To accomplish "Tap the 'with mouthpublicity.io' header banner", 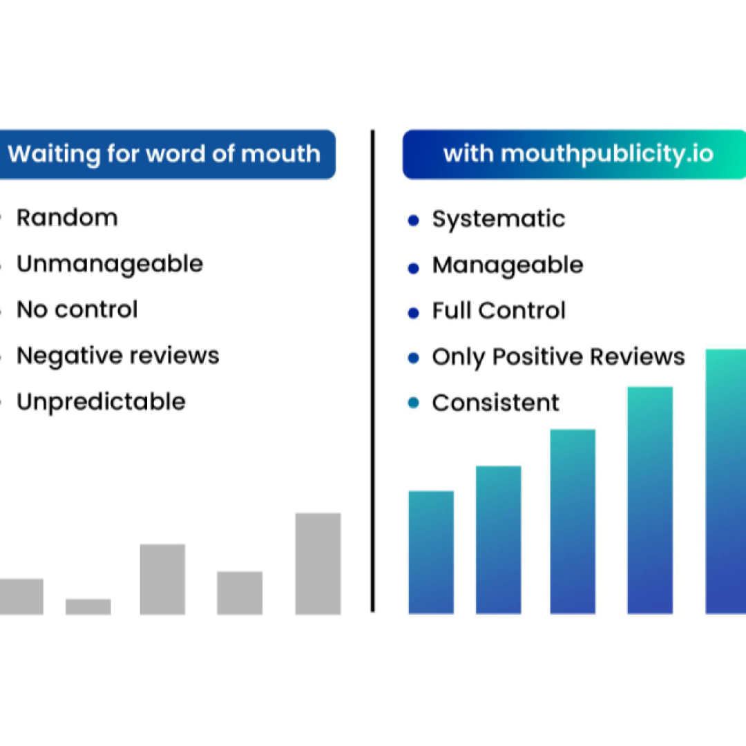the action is tap(574, 154).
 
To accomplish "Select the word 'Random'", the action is tap(67, 218).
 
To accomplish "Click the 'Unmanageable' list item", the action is tap(110, 265).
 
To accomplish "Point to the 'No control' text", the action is tap(77, 309).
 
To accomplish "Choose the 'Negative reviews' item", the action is tap(118, 356).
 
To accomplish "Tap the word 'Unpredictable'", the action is tap(101, 402).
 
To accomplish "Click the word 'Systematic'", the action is tap(499, 220).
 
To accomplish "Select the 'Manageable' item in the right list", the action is tap(508, 265).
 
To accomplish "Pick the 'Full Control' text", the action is tap(499, 311).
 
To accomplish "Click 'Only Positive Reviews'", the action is tap(559, 357).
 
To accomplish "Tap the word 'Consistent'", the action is tap(496, 403).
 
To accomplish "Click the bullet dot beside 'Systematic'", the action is tap(414, 220).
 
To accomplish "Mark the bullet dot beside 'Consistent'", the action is tap(414, 403).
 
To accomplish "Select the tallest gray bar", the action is tap(318, 564).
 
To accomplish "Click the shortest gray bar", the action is tap(88, 606).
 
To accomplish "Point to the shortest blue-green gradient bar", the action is tap(431, 553).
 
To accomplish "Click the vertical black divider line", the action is tap(372, 371).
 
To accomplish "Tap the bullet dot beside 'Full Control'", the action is tap(414, 313).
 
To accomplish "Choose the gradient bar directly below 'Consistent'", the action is tap(498, 540).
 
